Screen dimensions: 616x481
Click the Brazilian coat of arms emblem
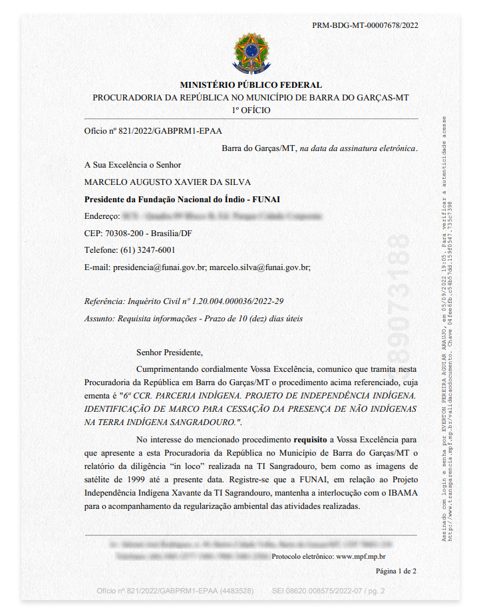pyautogui.click(x=251, y=56)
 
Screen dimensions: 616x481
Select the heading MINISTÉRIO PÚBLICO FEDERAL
pyautogui.click(x=251, y=85)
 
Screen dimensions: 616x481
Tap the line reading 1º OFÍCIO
pyautogui.click(x=251, y=110)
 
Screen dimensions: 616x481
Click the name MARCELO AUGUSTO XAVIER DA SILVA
pyautogui.click(x=168, y=182)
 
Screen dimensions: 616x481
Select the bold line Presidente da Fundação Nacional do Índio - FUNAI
pyautogui.click(x=178, y=199)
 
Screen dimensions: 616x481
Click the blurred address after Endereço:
pyautogui.click(x=222, y=216)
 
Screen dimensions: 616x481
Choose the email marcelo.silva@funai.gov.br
pyautogui.click(x=259, y=267)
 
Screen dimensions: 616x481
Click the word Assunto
pyautogui.click(x=99, y=319)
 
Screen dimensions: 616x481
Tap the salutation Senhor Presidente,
pyautogui.click(x=169, y=353)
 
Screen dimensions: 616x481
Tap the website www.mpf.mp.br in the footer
pyautogui.click(x=361, y=555)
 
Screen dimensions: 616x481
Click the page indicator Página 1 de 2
pyautogui.click(x=396, y=571)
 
